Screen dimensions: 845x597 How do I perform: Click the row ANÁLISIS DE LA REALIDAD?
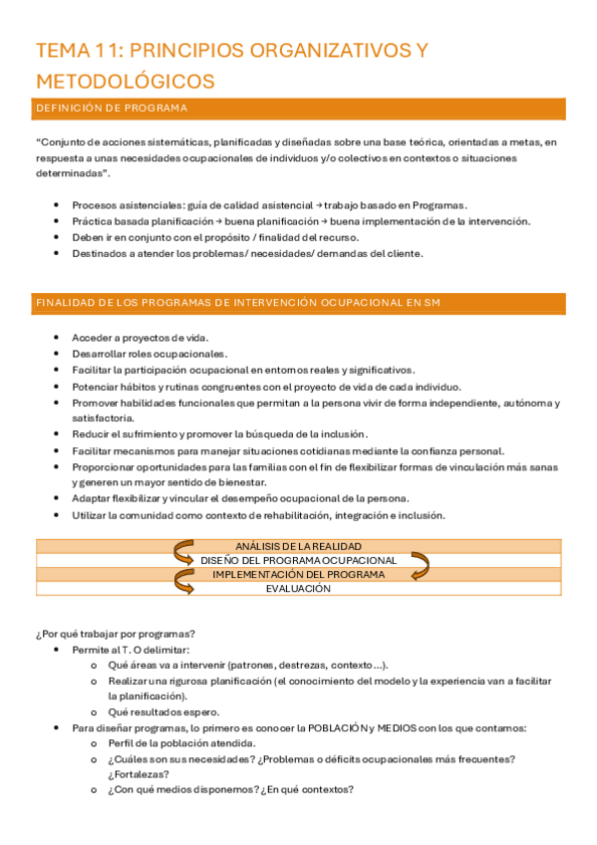click(298, 546)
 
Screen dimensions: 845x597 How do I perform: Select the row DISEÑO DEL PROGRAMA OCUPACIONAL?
click(298, 560)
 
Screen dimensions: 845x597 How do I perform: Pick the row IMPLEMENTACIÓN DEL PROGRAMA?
click(298, 575)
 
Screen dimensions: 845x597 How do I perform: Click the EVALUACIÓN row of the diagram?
click(298, 589)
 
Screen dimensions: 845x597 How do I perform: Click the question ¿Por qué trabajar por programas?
click(115, 634)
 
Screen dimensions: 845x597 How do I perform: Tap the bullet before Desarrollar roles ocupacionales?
click(59, 354)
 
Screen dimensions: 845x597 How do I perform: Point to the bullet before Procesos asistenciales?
click(59, 205)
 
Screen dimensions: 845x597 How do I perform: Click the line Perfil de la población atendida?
click(180, 743)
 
